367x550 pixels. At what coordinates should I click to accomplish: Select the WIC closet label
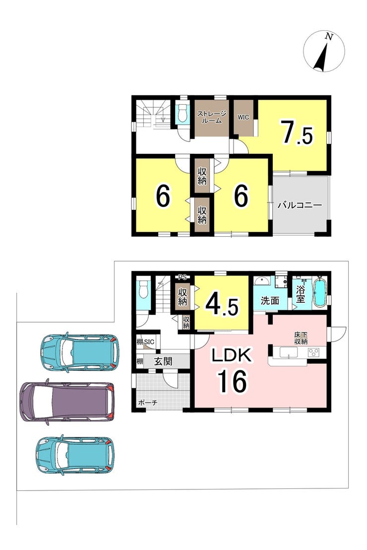[244, 117]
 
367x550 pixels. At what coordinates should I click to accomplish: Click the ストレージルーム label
[211, 117]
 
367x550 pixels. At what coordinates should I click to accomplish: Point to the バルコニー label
[300, 205]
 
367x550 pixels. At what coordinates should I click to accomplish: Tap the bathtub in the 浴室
[319, 293]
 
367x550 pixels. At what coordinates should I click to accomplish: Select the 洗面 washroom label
[270, 300]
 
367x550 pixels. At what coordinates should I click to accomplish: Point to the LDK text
[231, 355]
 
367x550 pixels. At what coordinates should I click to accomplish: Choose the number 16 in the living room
[233, 381]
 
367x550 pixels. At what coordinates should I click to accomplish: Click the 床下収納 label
[301, 338]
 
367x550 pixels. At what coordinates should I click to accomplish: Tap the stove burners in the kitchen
[313, 352]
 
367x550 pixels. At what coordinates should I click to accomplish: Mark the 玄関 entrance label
[163, 362]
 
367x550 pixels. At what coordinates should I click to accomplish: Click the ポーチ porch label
[148, 403]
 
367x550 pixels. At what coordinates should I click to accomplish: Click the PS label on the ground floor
[182, 277]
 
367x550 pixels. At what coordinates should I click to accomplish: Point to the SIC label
[149, 342]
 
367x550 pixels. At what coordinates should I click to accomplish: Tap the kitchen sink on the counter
[289, 352]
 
